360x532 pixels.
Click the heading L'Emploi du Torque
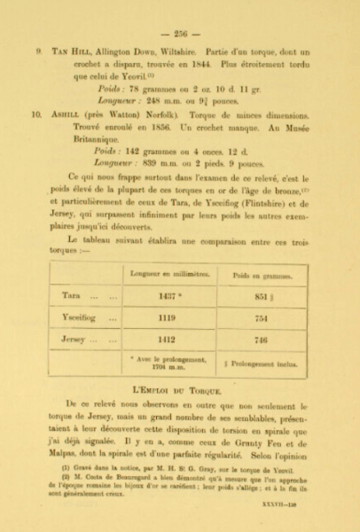point(181,387)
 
